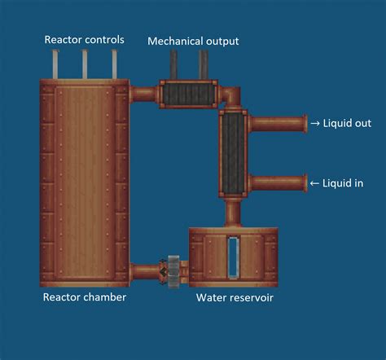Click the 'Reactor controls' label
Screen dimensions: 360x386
pos(84,39)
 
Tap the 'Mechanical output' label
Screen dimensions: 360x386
pos(193,40)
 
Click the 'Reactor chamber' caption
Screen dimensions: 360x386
pos(84,297)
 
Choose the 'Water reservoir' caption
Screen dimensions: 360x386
pos(235,297)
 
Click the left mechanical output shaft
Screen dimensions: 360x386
pos(175,65)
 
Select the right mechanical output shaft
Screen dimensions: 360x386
pos(204,65)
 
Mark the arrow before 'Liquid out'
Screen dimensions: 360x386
pos(314,124)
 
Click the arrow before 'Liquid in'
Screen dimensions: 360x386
pos(314,183)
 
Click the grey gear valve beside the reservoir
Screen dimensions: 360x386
pos(172,270)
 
